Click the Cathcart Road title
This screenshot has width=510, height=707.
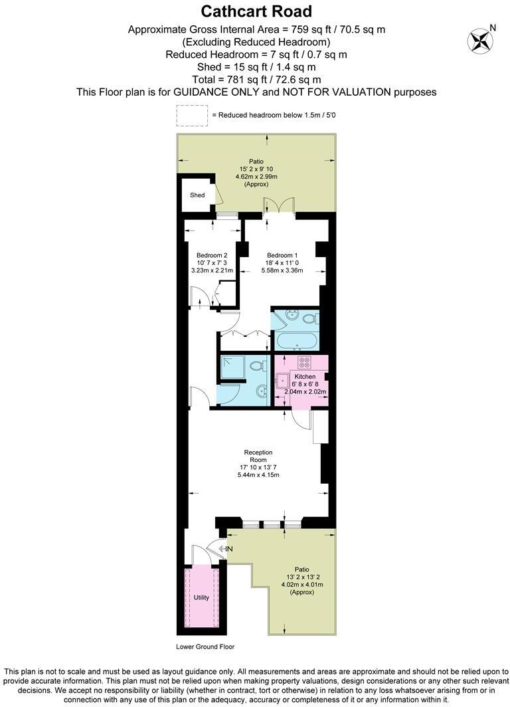point(256,11)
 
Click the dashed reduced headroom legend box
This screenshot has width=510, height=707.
point(191,115)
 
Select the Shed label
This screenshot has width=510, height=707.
point(197,195)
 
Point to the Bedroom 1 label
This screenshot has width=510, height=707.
point(282,255)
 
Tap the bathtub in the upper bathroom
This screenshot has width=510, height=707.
point(296,340)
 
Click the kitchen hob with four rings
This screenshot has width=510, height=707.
point(305,363)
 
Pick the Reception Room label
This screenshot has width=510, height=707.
point(258,456)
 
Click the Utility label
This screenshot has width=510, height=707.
point(201,597)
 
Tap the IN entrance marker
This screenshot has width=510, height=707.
point(228,549)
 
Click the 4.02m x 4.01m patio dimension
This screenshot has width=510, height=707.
point(301,585)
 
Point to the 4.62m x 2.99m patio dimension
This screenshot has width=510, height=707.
point(256,177)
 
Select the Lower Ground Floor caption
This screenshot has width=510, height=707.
point(205,647)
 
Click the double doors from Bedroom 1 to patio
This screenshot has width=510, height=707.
point(274,205)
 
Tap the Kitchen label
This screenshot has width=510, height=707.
point(305,377)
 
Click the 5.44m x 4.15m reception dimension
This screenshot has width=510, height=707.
point(258,475)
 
